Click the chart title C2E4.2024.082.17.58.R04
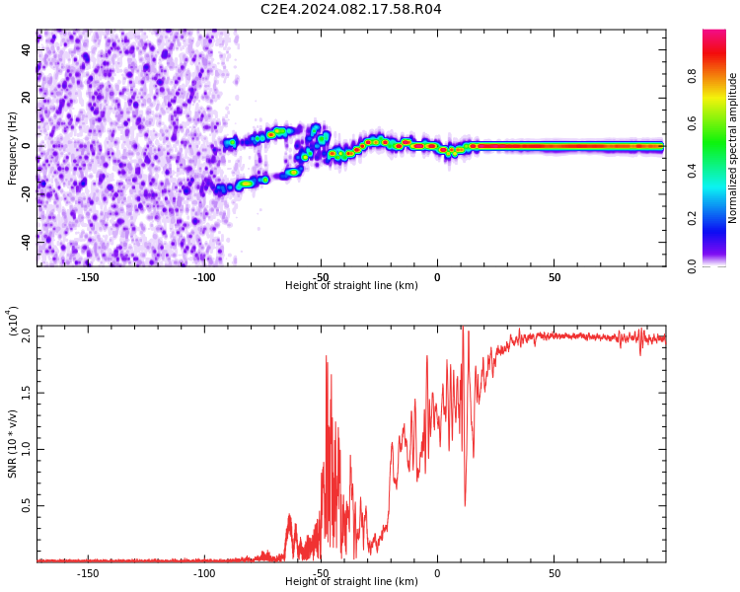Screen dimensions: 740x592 tap(350, 9)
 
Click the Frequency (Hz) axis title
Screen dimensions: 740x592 tap(12, 148)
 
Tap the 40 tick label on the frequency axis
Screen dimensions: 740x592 tap(26, 49)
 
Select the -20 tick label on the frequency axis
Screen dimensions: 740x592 tap(26, 194)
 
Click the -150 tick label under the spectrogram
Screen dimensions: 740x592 tap(87, 277)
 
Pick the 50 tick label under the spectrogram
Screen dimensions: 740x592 tap(555, 277)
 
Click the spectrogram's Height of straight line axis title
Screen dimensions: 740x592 tap(351, 285)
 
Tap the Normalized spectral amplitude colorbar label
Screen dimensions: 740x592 tap(732, 148)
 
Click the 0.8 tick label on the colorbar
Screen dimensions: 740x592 tap(692, 76)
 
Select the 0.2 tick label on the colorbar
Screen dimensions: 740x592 tap(692, 218)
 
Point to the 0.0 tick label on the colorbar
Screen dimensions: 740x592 tap(692, 266)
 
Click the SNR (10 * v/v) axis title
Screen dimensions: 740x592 tap(12, 444)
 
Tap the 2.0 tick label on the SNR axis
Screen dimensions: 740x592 tap(26, 336)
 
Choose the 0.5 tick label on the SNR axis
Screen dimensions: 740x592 tap(26, 505)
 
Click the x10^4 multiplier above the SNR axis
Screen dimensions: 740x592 tap(13, 321)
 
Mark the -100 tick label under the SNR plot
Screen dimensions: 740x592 tap(204, 573)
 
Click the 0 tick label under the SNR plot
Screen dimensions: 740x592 tap(437, 573)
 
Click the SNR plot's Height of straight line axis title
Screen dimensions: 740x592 tap(351, 581)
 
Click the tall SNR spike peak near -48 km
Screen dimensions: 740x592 tap(327, 356)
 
